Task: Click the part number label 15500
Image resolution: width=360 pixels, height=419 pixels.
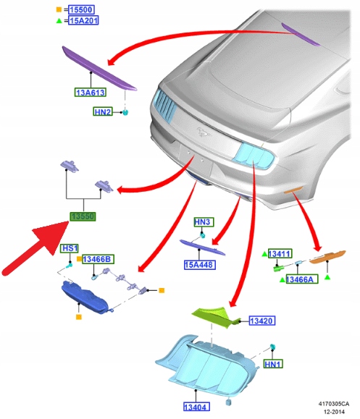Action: pyautogui.click(x=81, y=9)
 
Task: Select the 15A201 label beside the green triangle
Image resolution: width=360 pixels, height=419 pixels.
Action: pyautogui.click(x=83, y=20)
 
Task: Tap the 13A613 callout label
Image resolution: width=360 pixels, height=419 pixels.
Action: pyautogui.click(x=90, y=92)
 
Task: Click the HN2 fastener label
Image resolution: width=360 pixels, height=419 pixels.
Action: pyautogui.click(x=103, y=111)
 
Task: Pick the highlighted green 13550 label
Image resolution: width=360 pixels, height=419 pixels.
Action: pyautogui.click(x=83, y=216)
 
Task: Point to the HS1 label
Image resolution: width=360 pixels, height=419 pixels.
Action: pyautogui.click(x=70, y=248)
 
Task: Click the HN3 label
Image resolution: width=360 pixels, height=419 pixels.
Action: pyautogui.click(x=204, y=222)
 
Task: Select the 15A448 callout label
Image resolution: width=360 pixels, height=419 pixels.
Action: pyautogui.click(x=200, y=265)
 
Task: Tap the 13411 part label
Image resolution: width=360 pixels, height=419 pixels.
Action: pyautogui.click(x=280, y=253)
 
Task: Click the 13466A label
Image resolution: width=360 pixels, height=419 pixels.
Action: pyautogui.click(x=302, y=279)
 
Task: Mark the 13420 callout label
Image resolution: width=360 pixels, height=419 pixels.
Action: pyautogui.click(x=262, y=321)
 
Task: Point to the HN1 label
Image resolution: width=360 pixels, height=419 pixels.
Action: pyautogui.click(x=273, y=364)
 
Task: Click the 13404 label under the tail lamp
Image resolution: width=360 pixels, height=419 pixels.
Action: pyautogui.click(x=196, y=407)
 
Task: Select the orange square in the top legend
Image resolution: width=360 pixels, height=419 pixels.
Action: pyautogui.click(x=59, y=9)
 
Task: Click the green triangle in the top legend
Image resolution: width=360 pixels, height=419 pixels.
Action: pyautogui.click(x=59, y=20)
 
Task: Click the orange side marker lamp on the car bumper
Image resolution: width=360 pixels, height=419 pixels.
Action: pyautogui.click(x=293, y=190)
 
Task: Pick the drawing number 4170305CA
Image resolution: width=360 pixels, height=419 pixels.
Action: pyautogui.click(x=333, y=404)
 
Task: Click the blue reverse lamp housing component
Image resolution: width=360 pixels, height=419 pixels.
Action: pyautogui.click(x=85, y=297)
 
